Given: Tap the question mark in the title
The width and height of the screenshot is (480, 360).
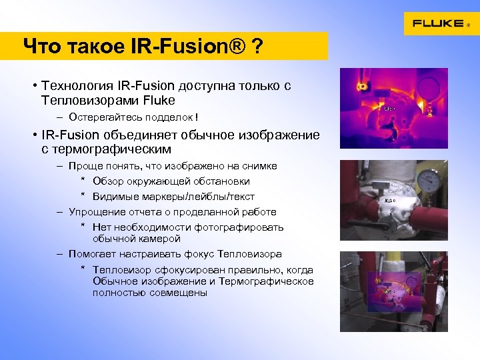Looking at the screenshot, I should (x=256, y=47).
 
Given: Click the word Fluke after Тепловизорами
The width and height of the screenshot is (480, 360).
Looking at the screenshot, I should (x=159, y=100).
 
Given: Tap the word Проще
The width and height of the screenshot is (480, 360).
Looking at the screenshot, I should (x=84, y=166).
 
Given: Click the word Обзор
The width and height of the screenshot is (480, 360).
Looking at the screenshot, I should (x=108, y=181).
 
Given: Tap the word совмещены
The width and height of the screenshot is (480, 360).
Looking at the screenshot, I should (x=180, y=293).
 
